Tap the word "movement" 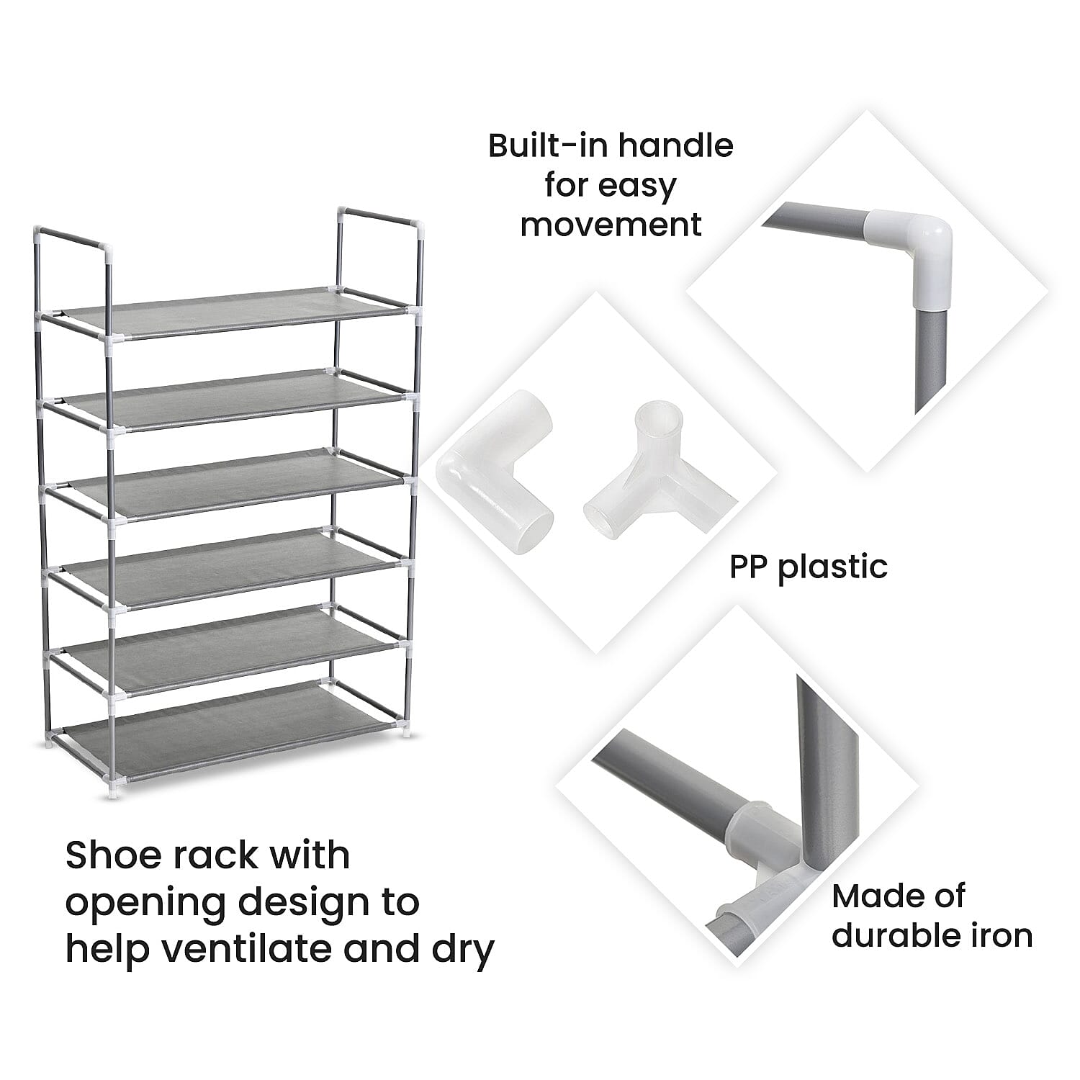coord(611,225)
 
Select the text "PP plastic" coord(808,567)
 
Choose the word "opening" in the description coord(146,902)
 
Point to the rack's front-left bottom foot coord(113,793)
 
